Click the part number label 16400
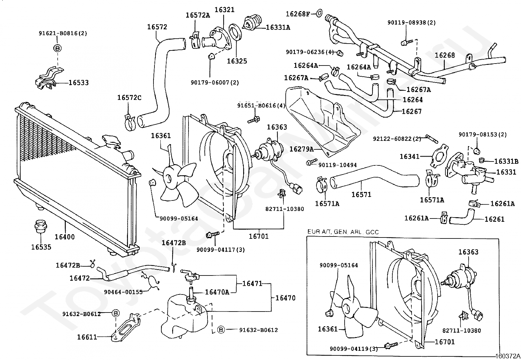65,237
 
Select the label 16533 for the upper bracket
79,83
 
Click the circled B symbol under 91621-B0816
58,48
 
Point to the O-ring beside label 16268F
320,13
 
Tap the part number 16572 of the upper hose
157,27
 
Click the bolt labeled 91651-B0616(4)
254,120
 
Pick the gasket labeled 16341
439,155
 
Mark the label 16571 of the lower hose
361,195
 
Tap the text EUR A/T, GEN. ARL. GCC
343,232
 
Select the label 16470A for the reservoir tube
217,292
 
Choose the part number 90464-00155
123,292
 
